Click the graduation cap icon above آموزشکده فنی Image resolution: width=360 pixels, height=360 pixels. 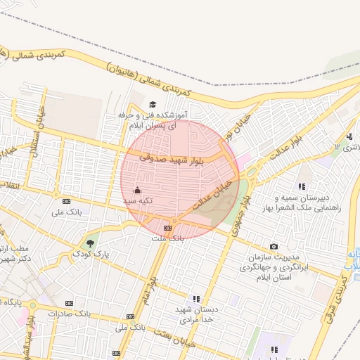tap(152, 105)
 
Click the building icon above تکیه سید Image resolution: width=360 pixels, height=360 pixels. tap(137, 190)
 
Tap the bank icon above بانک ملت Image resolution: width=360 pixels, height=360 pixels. tap(167, 228)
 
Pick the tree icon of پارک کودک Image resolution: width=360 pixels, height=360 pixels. tap(89, 243)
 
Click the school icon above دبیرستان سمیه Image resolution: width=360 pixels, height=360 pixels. tap(301, 186)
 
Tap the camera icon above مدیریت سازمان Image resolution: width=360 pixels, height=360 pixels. tap(274, 246)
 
